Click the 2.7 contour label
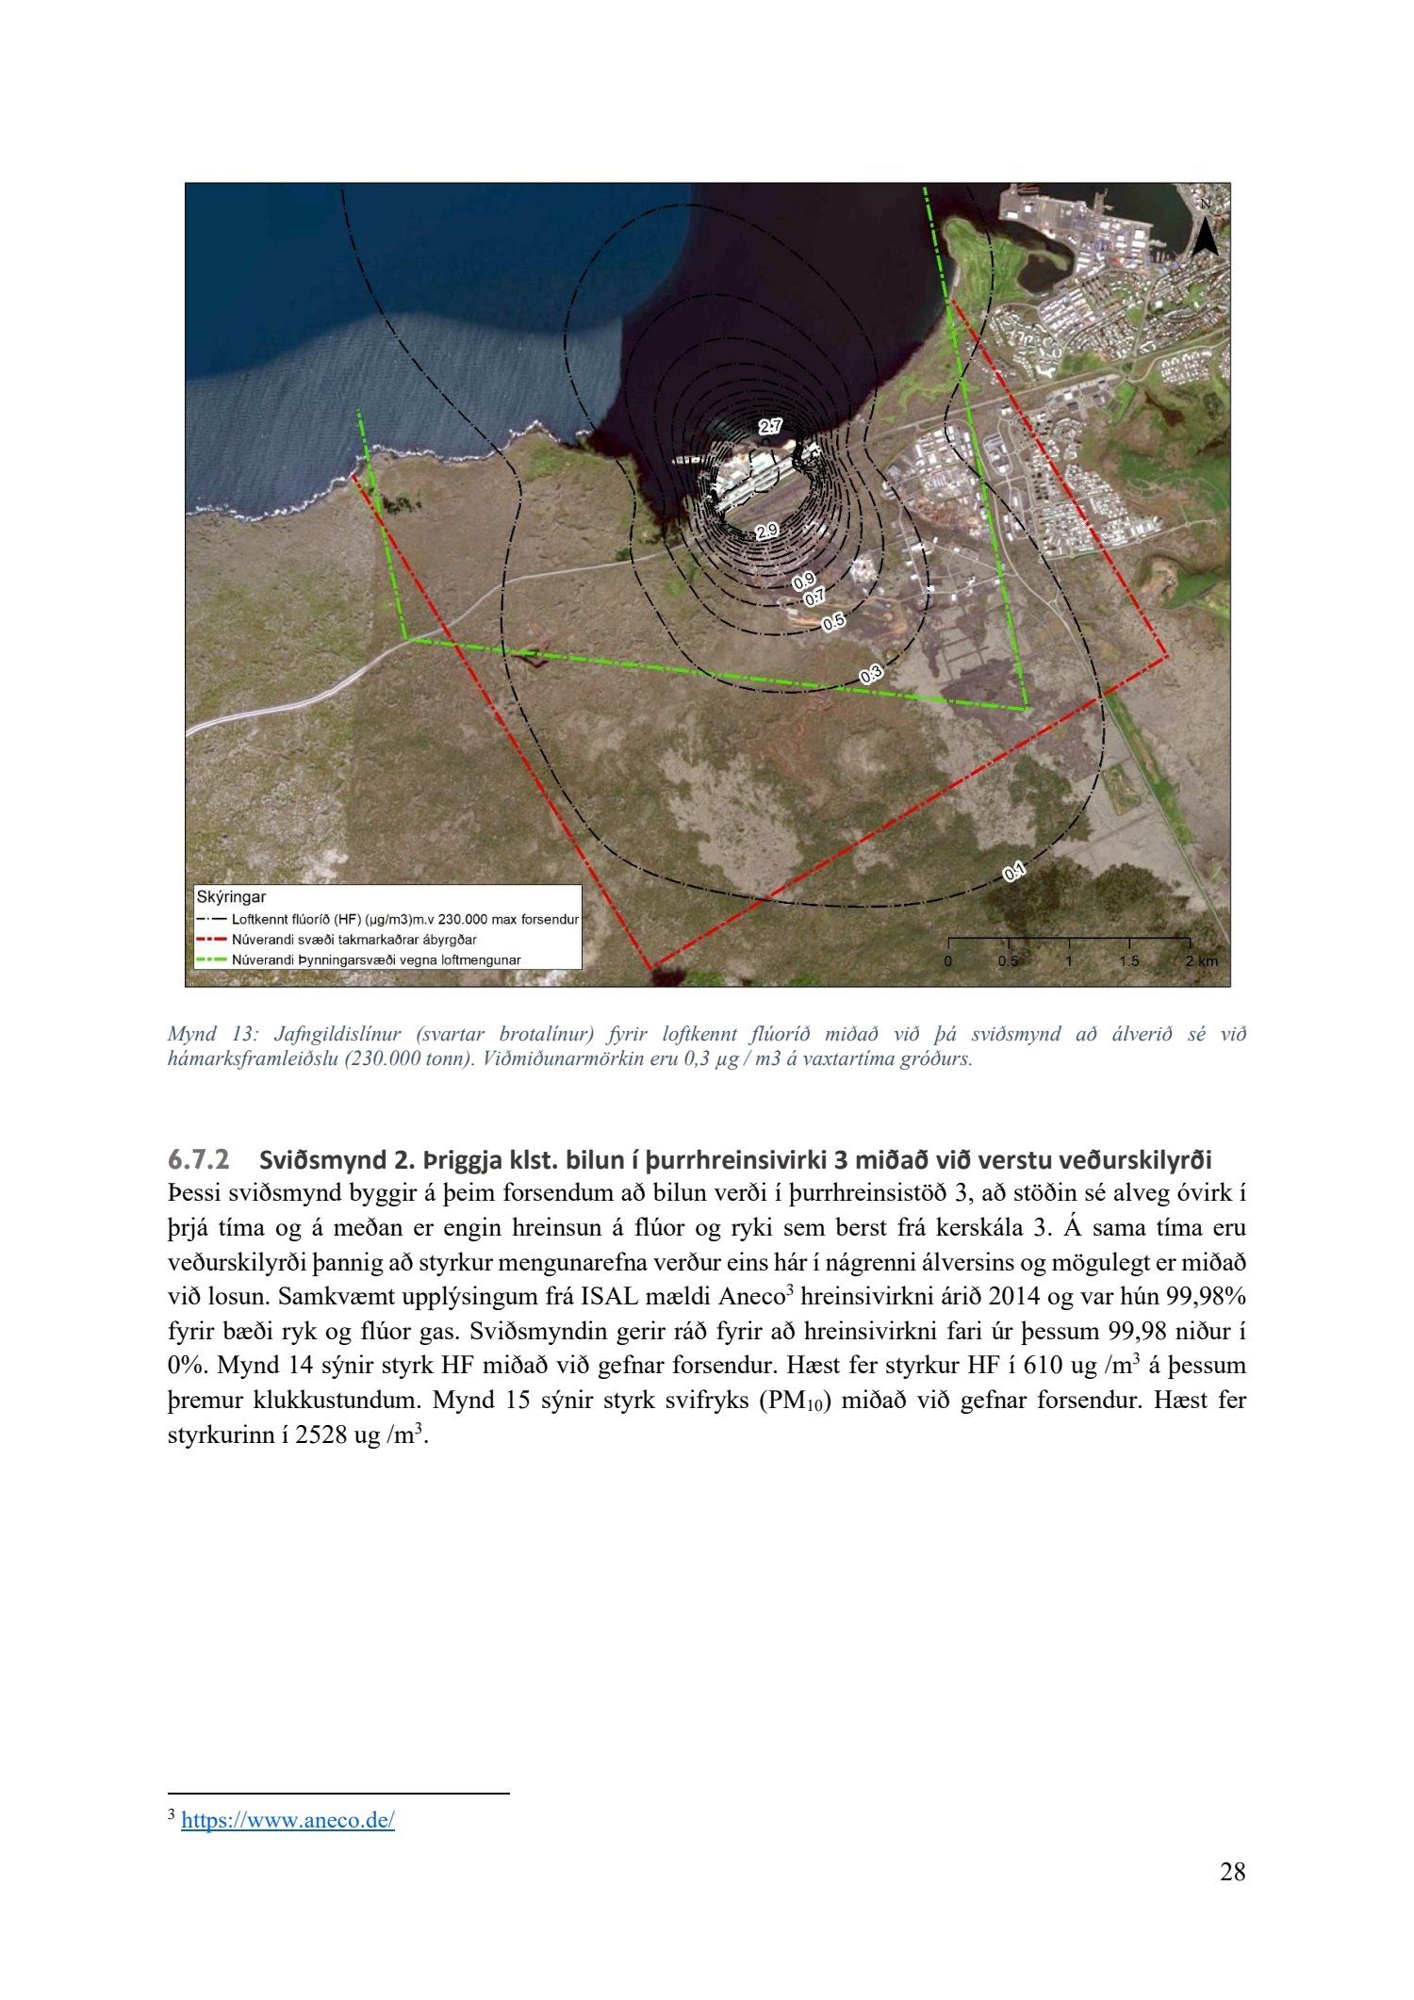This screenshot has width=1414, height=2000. [770, 427]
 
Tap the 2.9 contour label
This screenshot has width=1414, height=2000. [767, 531]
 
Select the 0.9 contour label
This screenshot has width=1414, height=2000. [803, 580]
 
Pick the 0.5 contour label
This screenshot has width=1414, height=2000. [834, 622]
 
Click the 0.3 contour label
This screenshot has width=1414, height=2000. [871, 674]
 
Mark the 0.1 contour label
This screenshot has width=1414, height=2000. [1014, 873]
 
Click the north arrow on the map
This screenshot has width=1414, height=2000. [1205, 231]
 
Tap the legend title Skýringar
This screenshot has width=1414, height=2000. [231, 897]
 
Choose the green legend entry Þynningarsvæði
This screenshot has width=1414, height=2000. [376, 960]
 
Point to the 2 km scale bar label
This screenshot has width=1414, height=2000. [1201, 961]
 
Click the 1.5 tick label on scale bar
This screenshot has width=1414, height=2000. [1128, 961]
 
